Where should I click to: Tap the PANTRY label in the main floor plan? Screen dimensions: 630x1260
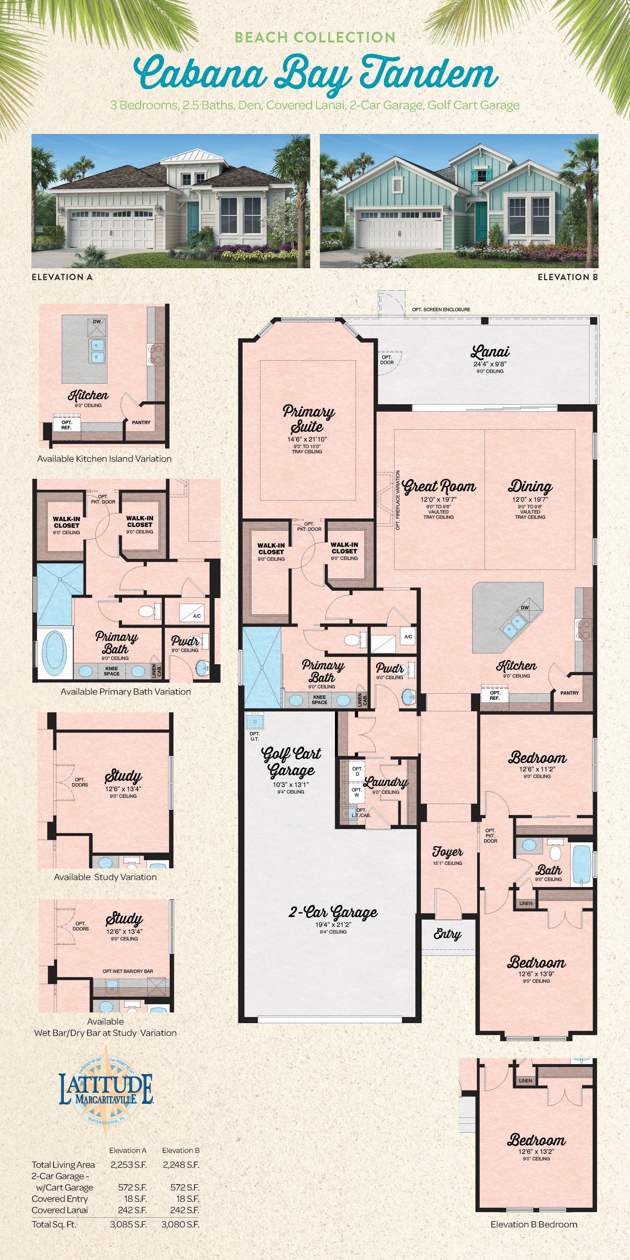coord(569,693)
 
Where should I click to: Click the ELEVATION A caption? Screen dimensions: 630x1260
coord(62,277)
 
